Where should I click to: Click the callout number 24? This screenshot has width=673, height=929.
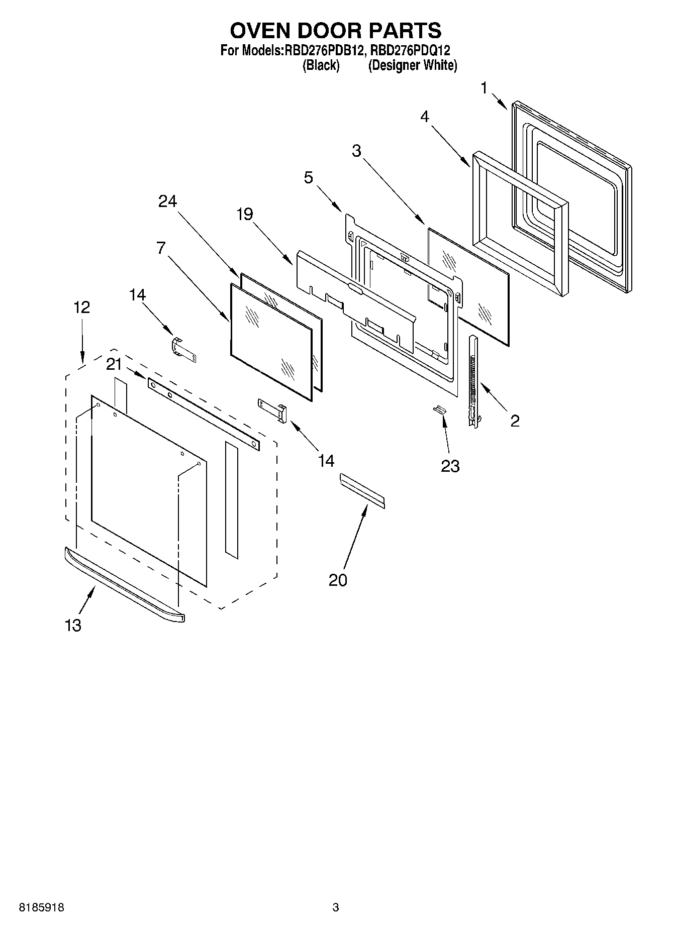(x=168, y=201)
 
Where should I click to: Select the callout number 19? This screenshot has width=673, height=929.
(x=245, y=215)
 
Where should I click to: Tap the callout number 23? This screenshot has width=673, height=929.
(x=450, y=466)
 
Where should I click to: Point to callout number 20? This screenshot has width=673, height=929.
(x=338, y=580)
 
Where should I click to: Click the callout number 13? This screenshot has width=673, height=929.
(x=73, y=626)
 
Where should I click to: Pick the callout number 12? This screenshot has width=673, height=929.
(x=82, y=307)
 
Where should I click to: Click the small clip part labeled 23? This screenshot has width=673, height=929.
(x=440, y=409)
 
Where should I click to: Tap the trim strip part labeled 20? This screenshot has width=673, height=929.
(x=362, y=491)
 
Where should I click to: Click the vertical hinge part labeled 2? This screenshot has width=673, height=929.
(x=472, y=382)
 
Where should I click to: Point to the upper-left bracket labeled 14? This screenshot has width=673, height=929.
(x=183, y=349)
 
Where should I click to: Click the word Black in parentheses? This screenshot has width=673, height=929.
(x=321, y=65)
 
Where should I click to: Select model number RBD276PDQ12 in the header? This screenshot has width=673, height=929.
(x=410, y=50)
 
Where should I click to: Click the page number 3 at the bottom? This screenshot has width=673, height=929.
(x=336, y=908)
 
